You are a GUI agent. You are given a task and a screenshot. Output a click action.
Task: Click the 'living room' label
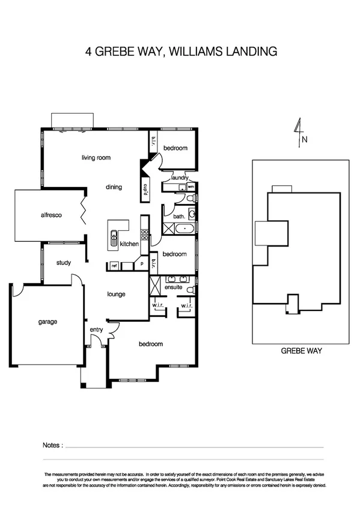tap(96, 158)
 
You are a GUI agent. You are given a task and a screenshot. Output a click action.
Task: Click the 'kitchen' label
tap(129, 244)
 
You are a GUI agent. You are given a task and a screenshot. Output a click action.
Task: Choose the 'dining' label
tap(114, 187)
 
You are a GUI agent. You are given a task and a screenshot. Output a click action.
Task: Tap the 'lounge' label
tap(116, 294)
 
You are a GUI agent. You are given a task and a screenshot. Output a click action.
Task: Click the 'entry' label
tap(96, 330)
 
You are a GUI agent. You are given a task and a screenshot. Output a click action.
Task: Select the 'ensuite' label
tap(173, 288)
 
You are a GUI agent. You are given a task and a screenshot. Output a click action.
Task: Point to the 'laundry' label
tap(180, 178)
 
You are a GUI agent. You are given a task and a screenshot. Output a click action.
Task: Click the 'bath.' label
tap(179, 215)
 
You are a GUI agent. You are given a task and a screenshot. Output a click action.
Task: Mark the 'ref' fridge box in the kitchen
tap(114, 265)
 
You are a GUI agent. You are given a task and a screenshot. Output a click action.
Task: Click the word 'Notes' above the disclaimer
tap(52, 446)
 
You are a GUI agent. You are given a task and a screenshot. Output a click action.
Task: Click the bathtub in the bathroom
tap(181, 228)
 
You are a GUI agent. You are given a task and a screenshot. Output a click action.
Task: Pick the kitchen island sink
tap(112, 239)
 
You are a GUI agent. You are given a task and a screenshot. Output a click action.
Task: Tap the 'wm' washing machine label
tap(191, 187)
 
